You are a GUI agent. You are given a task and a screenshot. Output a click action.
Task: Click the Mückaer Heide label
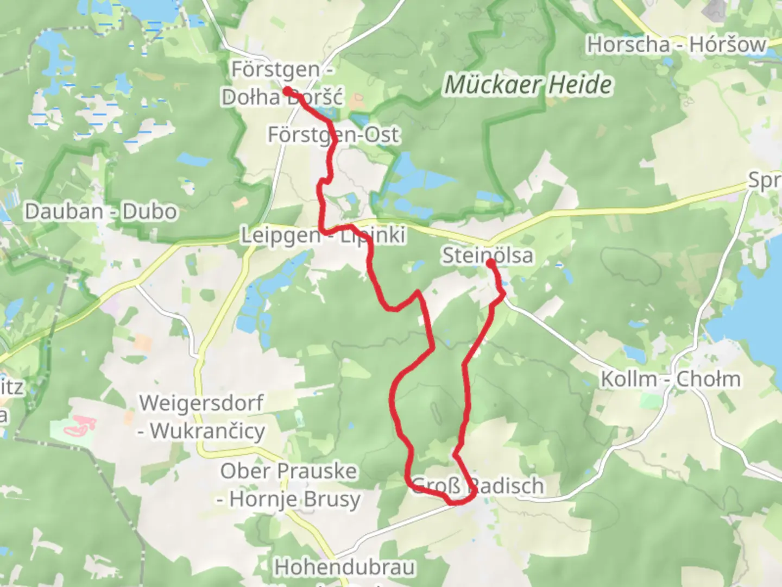(x=528, y=85)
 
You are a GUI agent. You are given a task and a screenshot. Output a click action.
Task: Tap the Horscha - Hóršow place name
(x=676, y=45)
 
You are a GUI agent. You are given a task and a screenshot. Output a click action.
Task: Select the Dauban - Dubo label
(x=101, y=211)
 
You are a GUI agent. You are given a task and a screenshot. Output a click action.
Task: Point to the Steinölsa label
(x=487, y=255)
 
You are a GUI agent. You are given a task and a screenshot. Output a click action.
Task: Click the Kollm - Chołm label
(x=670, y=379)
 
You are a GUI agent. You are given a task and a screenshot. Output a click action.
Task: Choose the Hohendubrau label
(x=345, y=567)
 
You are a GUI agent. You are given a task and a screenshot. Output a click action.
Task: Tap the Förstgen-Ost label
(x=333, y=134)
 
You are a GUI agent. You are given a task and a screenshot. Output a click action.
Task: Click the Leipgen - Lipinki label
(x=323, y=235)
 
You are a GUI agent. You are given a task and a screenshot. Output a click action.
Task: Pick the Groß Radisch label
(x=478, y=485)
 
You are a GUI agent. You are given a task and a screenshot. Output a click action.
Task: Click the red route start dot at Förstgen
(x=286, y=91)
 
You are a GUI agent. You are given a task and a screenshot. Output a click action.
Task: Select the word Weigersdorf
(x=201, y=403)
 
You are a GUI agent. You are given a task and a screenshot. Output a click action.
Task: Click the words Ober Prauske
(x=288, y=471)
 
